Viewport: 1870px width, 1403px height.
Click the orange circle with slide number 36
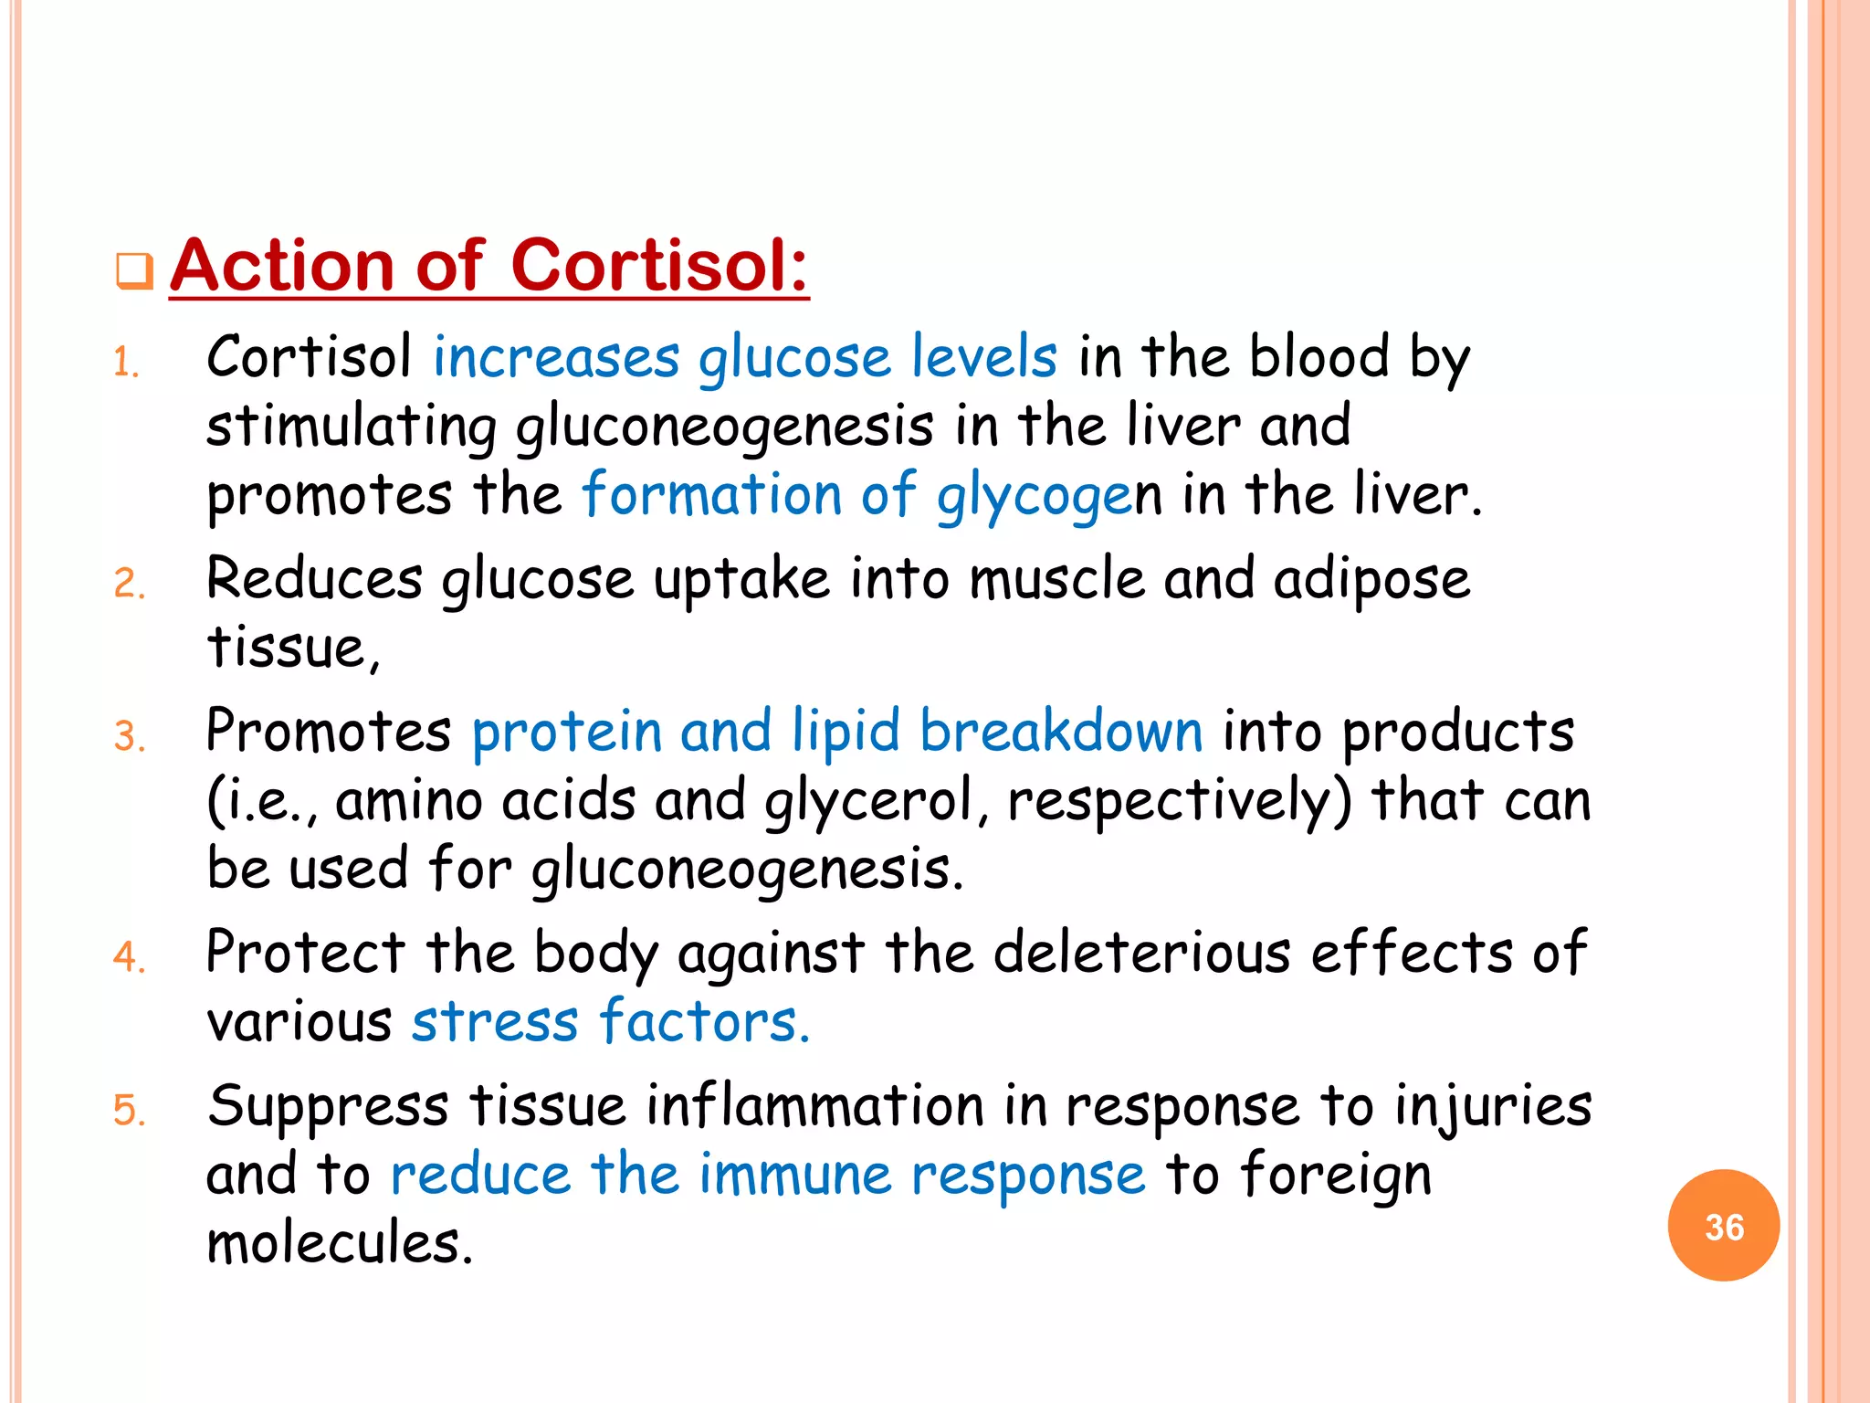(x=1723, y=1226)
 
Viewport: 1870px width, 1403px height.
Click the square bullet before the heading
(x=134, y=271)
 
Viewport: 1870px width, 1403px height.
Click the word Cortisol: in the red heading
(x=659, y=266)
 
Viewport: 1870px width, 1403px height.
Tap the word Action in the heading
(x=282, y=266)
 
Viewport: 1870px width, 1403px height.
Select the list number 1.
(x=125, y=364)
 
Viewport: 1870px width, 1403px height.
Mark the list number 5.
(x=129, y=1111)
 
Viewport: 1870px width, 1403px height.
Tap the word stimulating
(x=352, y=427)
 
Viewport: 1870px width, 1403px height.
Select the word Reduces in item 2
(x=314, y=579)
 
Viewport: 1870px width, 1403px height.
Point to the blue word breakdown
(x=1061, y=732)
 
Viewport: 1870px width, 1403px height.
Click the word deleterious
(x=1141, y=953)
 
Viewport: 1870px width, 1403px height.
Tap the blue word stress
(x=495, y=1021)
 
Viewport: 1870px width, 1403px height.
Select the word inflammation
(x=814, y=1105)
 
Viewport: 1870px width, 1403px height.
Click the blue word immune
(x=794, y=1175)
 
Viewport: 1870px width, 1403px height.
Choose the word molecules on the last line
(x=339, y=1243)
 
